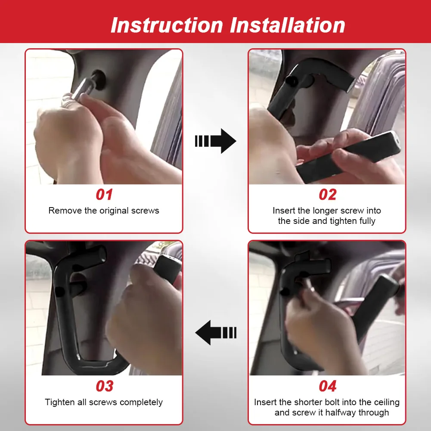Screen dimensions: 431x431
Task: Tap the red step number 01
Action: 104,195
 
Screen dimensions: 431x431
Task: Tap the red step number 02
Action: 327,195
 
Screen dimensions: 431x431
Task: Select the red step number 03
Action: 104,386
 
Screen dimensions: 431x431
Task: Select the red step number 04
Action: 327,386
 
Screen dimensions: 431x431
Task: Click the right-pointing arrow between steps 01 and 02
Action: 215,141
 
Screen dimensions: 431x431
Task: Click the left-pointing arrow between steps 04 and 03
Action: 215,332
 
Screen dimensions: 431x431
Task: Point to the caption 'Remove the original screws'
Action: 104,211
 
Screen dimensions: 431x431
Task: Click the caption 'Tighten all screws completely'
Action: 104,403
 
